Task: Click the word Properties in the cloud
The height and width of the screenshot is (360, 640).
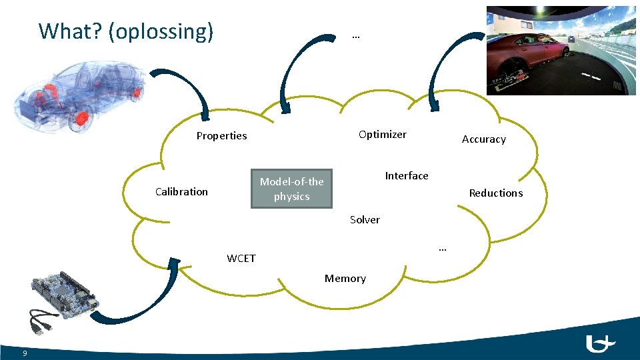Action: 221,136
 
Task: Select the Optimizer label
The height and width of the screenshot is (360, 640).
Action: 382,135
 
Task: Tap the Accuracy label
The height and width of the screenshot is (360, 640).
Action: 483,139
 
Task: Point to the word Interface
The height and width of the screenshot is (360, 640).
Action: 407,176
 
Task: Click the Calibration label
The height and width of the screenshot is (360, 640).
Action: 181,192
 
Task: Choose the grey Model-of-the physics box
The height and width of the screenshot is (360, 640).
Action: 291,189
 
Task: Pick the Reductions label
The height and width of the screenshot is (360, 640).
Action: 495,193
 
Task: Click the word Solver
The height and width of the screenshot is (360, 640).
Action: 365,220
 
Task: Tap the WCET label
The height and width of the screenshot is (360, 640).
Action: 241,259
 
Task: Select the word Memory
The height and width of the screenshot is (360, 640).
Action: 345,279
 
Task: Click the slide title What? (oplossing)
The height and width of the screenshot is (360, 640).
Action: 126,31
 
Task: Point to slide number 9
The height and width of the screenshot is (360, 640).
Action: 24,353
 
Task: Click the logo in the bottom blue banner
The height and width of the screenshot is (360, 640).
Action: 599,344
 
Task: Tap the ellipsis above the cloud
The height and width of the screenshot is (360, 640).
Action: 355,37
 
